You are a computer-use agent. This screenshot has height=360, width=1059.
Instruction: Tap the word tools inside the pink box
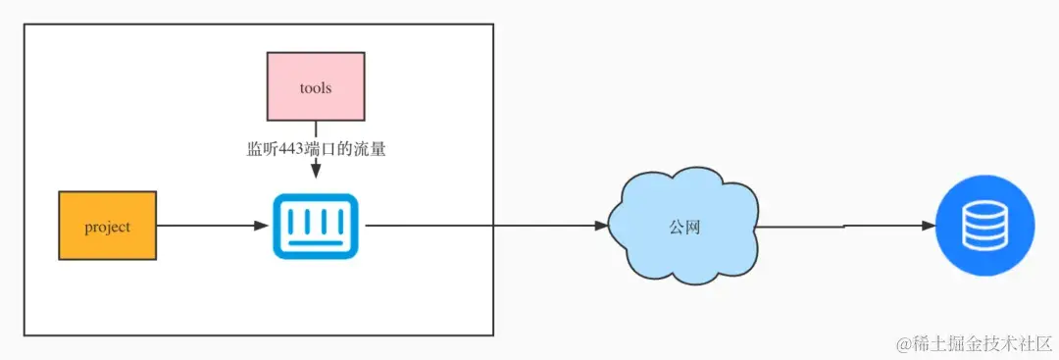[x=316, y=88]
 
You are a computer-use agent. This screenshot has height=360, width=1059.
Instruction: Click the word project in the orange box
[x=108, y=227]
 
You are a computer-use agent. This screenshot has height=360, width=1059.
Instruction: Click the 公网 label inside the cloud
[x=684, y=227]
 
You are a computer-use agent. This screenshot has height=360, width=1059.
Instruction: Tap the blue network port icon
[x=315, y=227]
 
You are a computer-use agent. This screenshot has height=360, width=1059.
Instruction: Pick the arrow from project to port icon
[x=211, y=226]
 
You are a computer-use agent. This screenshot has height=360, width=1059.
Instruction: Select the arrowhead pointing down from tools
[x=316, y=171]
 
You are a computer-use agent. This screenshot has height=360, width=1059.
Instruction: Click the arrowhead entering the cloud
[x=601, y=226]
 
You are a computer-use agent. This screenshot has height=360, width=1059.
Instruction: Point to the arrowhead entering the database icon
[x=928, y=226]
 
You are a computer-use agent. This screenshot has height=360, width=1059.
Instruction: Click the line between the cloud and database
[x=843, y=226]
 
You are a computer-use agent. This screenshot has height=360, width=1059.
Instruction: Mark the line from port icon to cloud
[x=480, y=226]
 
